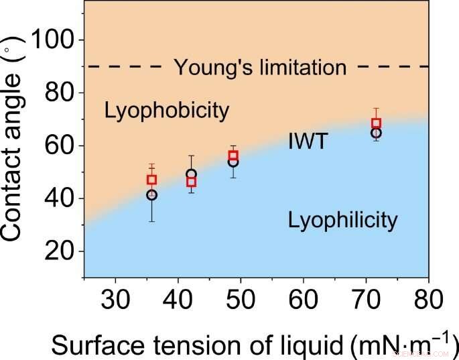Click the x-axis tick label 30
[115, 296]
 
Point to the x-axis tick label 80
[428, 296]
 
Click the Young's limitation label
[260, 67]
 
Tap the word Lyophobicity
[167, 111]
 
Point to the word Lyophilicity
[342, 219]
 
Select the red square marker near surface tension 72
[377, 123]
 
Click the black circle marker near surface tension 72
[377, 133]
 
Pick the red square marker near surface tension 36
[151, 180]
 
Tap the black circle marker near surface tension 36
[151, 195]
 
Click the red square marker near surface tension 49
[233, 156]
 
